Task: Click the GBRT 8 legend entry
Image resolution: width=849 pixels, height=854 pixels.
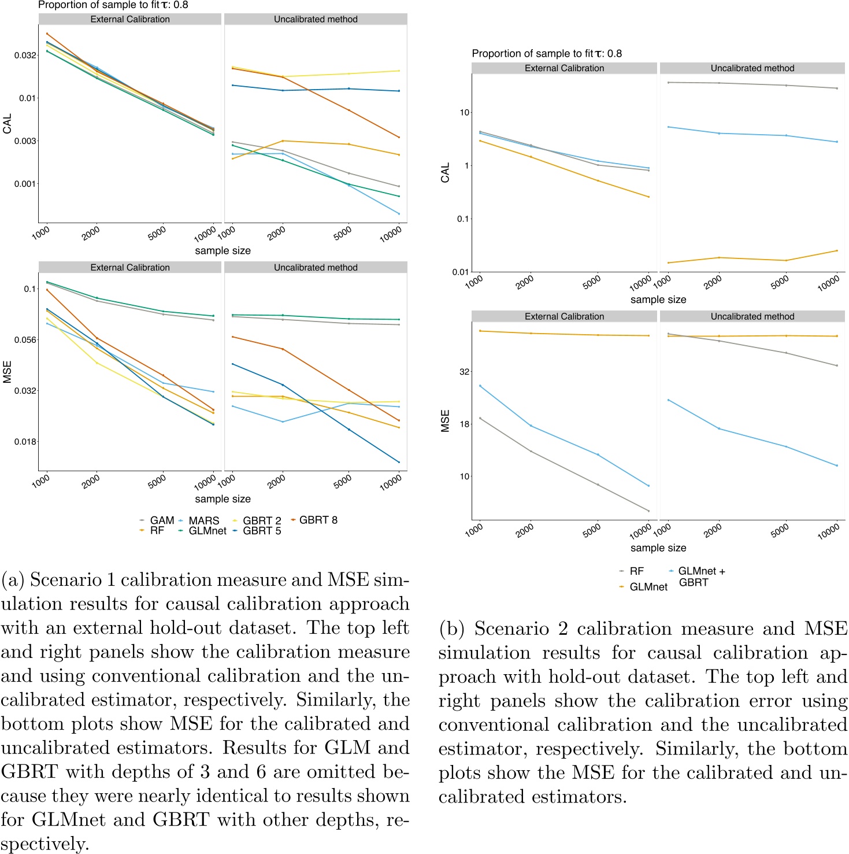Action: pyautogui.click(x=318, y=520)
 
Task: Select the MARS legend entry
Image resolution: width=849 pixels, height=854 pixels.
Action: pyautogui.click(x=203, y=520)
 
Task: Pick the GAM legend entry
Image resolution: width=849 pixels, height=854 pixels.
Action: pyautogui.click(x=162, y=520)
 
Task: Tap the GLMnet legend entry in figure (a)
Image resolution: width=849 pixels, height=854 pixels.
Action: pyautogui.click(x=207, y=531)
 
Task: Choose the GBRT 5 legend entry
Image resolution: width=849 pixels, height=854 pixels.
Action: pyautogui.click(x=261, y=531)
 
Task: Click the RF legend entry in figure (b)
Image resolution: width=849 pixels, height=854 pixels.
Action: pyautogui.click(x=636, y=571)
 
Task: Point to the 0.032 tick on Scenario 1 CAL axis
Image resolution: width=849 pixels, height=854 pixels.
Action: pyautogui.click(x=25, y=56)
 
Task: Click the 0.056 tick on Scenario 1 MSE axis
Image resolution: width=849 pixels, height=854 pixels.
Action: pyautogui.click(x=25, y=340)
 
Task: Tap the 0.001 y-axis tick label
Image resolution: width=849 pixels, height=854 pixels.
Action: pyautogui.click(x=25, y=184)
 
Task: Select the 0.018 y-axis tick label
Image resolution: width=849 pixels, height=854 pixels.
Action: pyautogui.click(x=25, y=442)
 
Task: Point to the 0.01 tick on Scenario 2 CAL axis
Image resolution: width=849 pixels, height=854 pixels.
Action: pyautogui.click(x=460, y=272)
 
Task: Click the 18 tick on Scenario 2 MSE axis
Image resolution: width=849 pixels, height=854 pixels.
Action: pyautogui.click(x=464, y=424)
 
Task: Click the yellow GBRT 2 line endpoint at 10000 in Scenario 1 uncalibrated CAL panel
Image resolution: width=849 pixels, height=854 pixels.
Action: pyautogui.click(x=399, y=71)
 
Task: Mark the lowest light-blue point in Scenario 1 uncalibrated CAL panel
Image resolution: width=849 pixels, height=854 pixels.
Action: pyautogui.click(x=399, y=214)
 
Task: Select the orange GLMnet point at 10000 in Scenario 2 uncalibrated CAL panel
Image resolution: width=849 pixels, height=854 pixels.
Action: pyautogui.click(x=837, y=250)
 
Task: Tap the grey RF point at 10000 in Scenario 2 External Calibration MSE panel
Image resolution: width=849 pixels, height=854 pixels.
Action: pyautogui.click(x=648, y=511)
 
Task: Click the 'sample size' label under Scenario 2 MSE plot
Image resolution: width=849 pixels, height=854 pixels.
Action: pyautogui.click(x=658, y=548)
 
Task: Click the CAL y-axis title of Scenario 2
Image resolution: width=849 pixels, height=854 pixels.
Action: pyautogui.click(x=445, y=172)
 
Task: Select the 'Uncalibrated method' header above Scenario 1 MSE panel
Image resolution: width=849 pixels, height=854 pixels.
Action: pyautogui.click(x=316, y=268)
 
